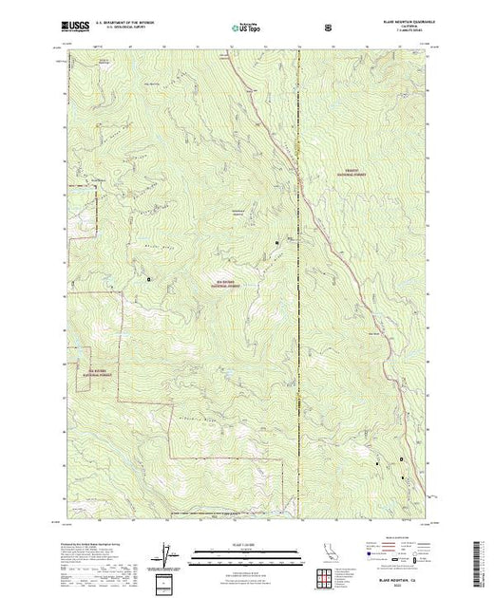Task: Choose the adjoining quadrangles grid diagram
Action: click(x=329, y=576)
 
